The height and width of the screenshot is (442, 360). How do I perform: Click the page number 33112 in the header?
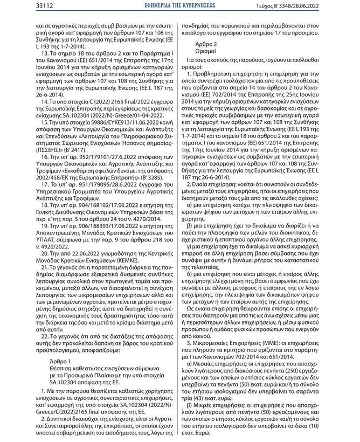coord(19,5)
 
